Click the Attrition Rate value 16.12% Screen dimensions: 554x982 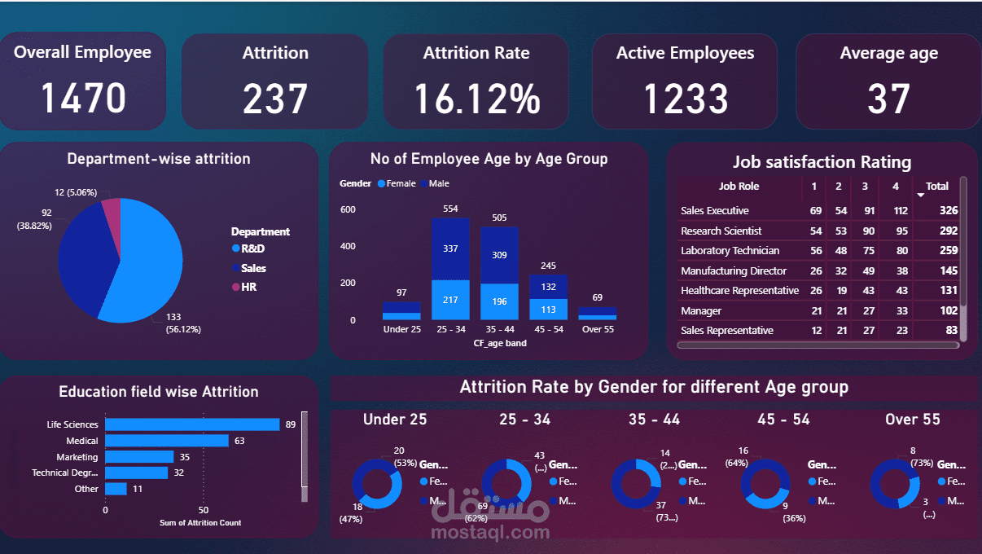[476, 99]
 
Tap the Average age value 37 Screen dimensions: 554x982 [888, 99]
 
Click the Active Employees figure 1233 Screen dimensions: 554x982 [686, 99]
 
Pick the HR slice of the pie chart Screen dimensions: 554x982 [112, 211]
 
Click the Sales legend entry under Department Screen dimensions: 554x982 [253, 268]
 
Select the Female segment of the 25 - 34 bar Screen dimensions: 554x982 [450, 301]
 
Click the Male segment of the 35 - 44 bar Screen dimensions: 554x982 [500, 255]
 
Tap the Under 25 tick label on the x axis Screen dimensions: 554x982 [401, 330]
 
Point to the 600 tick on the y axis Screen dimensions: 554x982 [348, 209]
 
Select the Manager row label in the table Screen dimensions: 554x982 [701, 310]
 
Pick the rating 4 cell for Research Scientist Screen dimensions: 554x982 [895, 231]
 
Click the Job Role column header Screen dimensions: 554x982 [739, 187]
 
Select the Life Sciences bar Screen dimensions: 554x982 [192, 424]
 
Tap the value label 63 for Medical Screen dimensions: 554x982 [239, 441]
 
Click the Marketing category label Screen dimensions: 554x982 [77, 457]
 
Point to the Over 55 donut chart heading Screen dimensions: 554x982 [912, 420]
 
